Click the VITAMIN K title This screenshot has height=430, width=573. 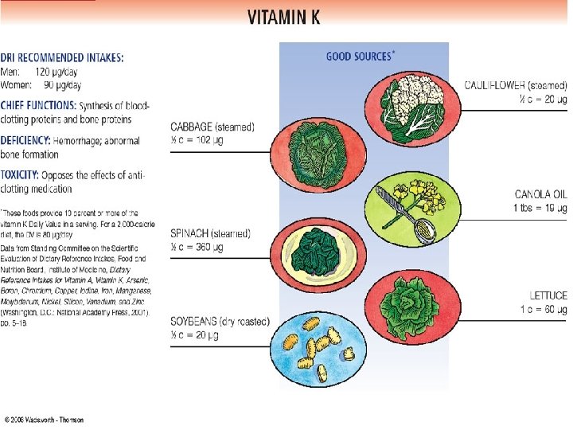(285, 18)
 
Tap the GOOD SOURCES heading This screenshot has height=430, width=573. (358, 57)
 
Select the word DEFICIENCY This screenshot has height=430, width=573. (29, 141)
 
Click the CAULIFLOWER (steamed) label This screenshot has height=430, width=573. (516, 84)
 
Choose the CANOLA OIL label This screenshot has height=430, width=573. (541, 193)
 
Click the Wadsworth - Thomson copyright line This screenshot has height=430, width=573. (43, 420)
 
